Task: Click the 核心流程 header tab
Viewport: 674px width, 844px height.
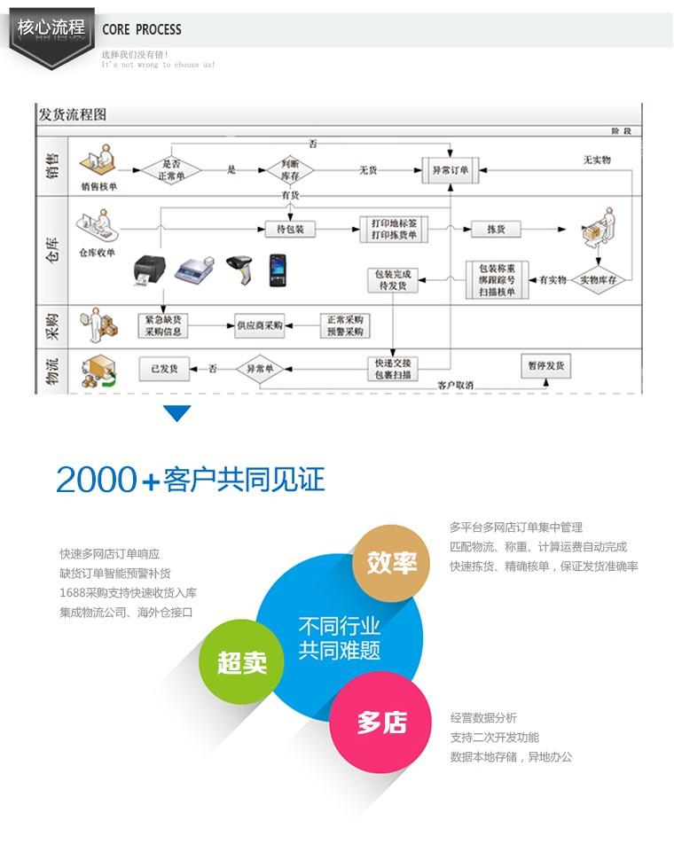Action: tap(51, 27)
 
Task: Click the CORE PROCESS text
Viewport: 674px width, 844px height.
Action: tap(142, 29)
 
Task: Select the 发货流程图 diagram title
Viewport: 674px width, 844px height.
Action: tap(72, 115)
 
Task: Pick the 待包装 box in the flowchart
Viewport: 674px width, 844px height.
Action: tap(291, 230)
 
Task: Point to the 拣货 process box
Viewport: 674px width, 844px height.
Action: tap(496, 230)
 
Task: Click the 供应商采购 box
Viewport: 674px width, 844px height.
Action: tap(259, 325)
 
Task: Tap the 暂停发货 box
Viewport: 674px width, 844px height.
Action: tap(545, 365)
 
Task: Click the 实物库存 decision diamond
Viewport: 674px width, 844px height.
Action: tap(598, 280)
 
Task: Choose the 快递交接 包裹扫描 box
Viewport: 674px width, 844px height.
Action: tap(394, 369)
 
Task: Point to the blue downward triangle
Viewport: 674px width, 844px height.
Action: tap(177, 413)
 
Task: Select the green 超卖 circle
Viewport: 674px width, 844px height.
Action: tap(242, 661)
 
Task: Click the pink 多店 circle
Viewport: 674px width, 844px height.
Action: tap(381, 722)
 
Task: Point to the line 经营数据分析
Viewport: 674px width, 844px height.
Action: tap(483, 718)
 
